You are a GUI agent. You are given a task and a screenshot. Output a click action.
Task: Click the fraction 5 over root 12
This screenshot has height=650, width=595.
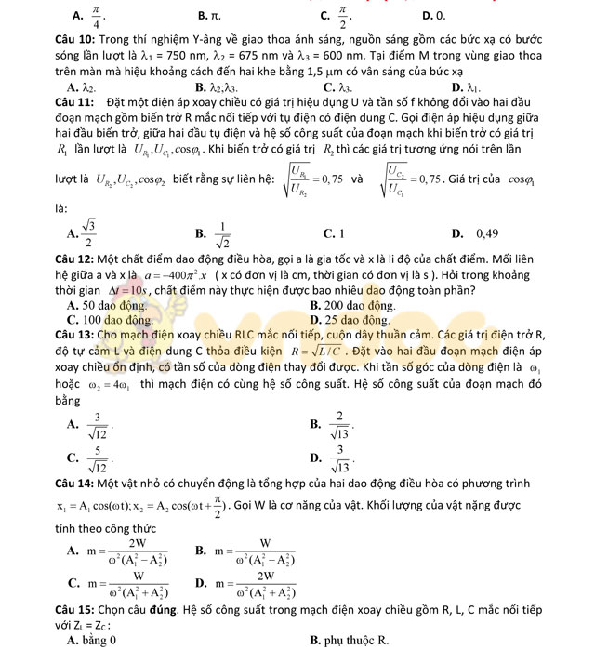pyautogui.click(x=100, y=455)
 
